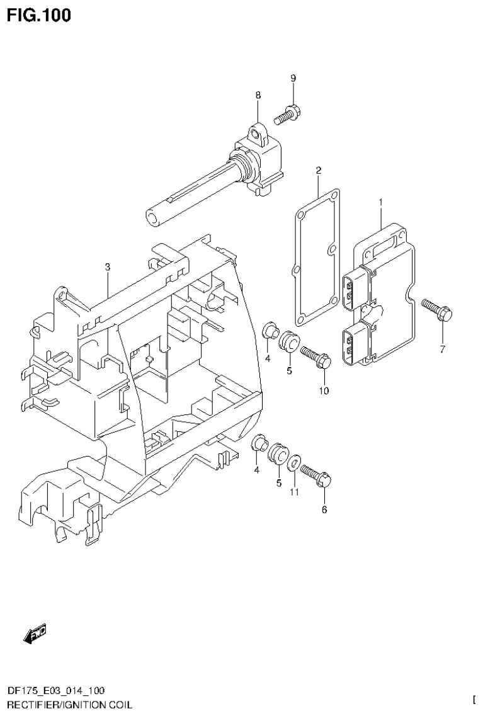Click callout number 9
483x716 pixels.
[x=293, y=78]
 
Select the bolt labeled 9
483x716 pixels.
[x=288, y=114]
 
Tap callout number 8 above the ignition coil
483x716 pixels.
[x=258, y=95]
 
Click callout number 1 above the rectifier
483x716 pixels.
[x=381, y=202]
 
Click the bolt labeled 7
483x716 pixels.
[x=436, y=309]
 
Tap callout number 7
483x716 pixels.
[x=442, y=349]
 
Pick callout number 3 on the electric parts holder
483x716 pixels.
[x=108, y=267]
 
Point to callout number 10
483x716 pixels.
[x=324, y=391]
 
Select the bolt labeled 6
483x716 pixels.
[x=317, y=475]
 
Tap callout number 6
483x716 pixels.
[x=324, y=510]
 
